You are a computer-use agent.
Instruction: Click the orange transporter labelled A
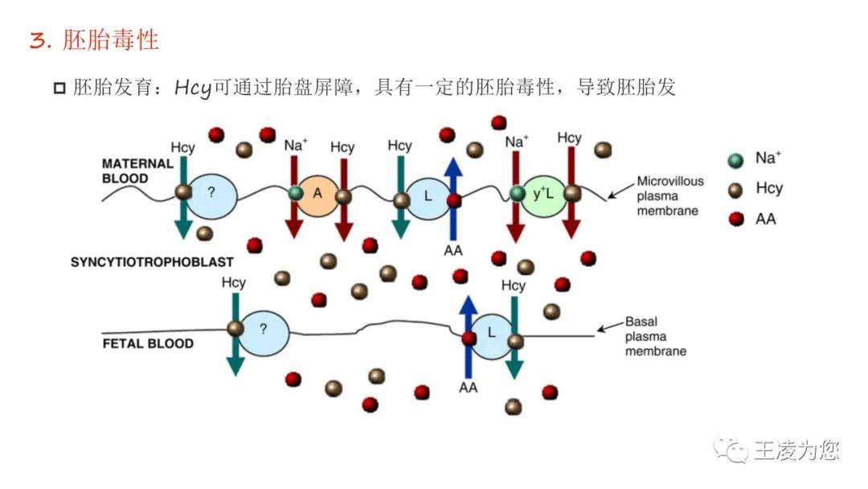point(317,195)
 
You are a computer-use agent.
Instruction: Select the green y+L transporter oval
point(543,195)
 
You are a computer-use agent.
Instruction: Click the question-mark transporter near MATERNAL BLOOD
point(211,195)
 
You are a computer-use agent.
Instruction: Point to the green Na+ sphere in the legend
point(735,160)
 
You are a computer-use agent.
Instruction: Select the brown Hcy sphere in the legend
point(735,190)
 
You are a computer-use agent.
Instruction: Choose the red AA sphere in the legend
point(736,219)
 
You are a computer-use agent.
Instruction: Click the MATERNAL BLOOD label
point(137,171)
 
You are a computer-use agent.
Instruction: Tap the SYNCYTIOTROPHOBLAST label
point(152,262)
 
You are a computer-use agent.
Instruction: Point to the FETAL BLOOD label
point(148,343)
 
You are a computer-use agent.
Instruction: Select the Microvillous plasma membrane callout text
point(669,195)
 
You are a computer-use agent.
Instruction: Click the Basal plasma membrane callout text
point(656,336)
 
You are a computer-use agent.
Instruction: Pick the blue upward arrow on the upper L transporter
point(453,199)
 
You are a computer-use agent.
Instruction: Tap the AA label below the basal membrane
point(468,387)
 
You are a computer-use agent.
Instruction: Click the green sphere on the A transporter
point(296,193)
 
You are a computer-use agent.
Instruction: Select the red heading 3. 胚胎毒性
point(94,40)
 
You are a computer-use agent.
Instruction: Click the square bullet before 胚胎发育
point(59,88)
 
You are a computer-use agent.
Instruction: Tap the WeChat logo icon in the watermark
point(731,450)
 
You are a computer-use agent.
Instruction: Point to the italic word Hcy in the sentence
point(193,88)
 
